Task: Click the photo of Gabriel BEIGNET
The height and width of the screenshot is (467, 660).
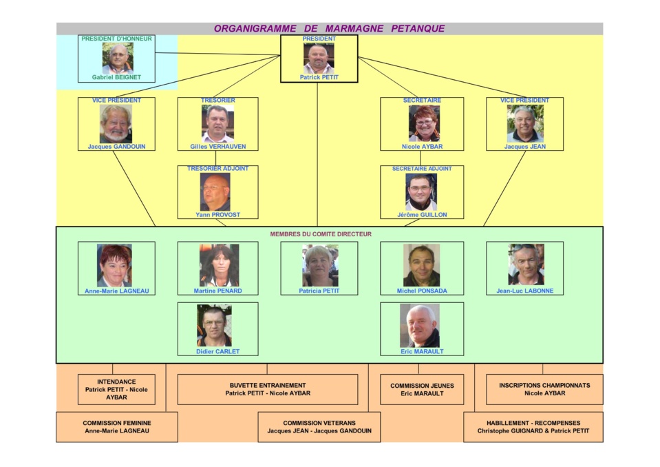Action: [118, 58]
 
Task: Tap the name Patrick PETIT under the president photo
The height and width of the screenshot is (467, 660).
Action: [319, 77]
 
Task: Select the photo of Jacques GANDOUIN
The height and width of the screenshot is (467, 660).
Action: [116, 123]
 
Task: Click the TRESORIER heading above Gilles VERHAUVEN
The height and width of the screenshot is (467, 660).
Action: [217, 101]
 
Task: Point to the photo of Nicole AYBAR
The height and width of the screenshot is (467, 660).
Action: [424, 123]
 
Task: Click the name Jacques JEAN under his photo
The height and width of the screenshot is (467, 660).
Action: [524, 147]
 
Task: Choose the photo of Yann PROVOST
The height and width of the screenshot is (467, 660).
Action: [215, 191]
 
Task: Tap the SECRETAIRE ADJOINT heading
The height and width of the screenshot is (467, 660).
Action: [422, 169]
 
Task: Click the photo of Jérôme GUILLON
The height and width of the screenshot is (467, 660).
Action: [421, 191]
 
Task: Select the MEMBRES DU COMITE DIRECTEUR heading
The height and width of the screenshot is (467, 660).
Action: [321, 234]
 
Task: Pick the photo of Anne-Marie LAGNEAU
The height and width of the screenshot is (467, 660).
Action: [114, 265]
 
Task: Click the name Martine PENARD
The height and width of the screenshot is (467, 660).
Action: [218, 291]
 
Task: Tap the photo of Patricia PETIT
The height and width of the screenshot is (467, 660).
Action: [320, 265]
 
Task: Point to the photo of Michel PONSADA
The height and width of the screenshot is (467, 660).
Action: [421, 265]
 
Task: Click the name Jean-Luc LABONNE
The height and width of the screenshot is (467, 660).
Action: [524, 291]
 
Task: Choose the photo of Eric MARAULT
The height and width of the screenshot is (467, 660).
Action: [420, 326]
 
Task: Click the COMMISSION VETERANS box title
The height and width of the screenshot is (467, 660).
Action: [319, 423]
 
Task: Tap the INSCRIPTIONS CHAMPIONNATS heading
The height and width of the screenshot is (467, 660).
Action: [544, 386]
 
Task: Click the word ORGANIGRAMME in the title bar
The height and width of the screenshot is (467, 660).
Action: [255, 29]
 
